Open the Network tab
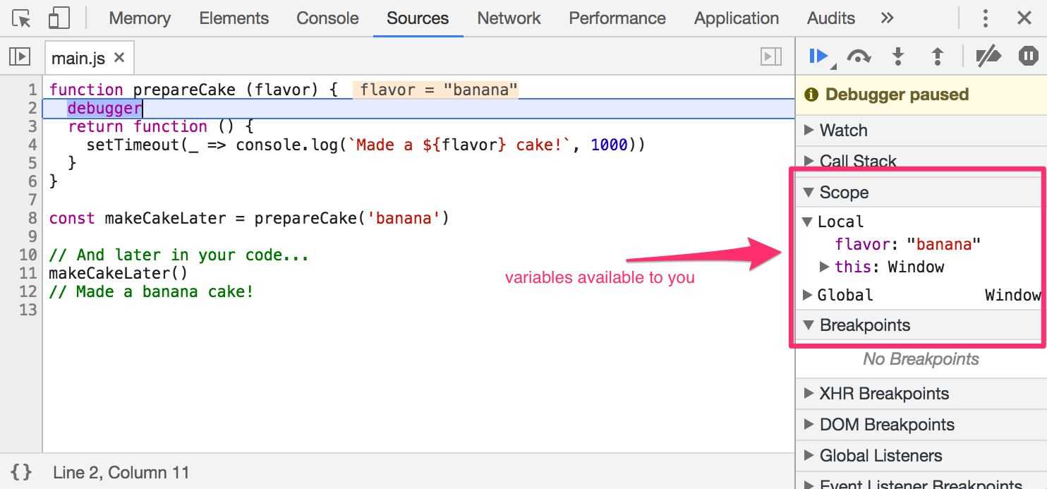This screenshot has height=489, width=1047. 509,18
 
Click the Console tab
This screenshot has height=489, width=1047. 327,18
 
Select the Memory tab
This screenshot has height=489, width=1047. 140,18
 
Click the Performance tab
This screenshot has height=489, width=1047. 617,18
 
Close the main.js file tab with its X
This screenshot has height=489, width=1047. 119,57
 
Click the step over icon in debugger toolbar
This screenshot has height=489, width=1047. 859,56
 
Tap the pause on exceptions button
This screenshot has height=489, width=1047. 1028,56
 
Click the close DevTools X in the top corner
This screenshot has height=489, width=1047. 1024,18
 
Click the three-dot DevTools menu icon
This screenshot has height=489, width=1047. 986,18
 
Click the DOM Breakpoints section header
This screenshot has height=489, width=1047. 887,425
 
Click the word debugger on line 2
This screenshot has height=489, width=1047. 104,108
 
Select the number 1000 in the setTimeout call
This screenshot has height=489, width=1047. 609,145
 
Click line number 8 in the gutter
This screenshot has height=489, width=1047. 32,218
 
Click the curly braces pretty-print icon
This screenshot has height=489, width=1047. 21,472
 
